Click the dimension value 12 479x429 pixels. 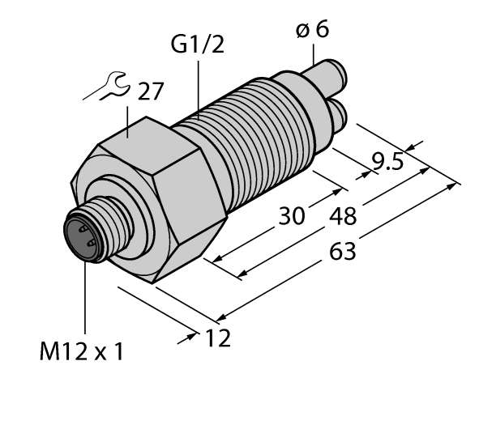click(214, 338)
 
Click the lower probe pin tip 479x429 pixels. click(340, 116)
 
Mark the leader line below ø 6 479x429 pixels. click(313, 54)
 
